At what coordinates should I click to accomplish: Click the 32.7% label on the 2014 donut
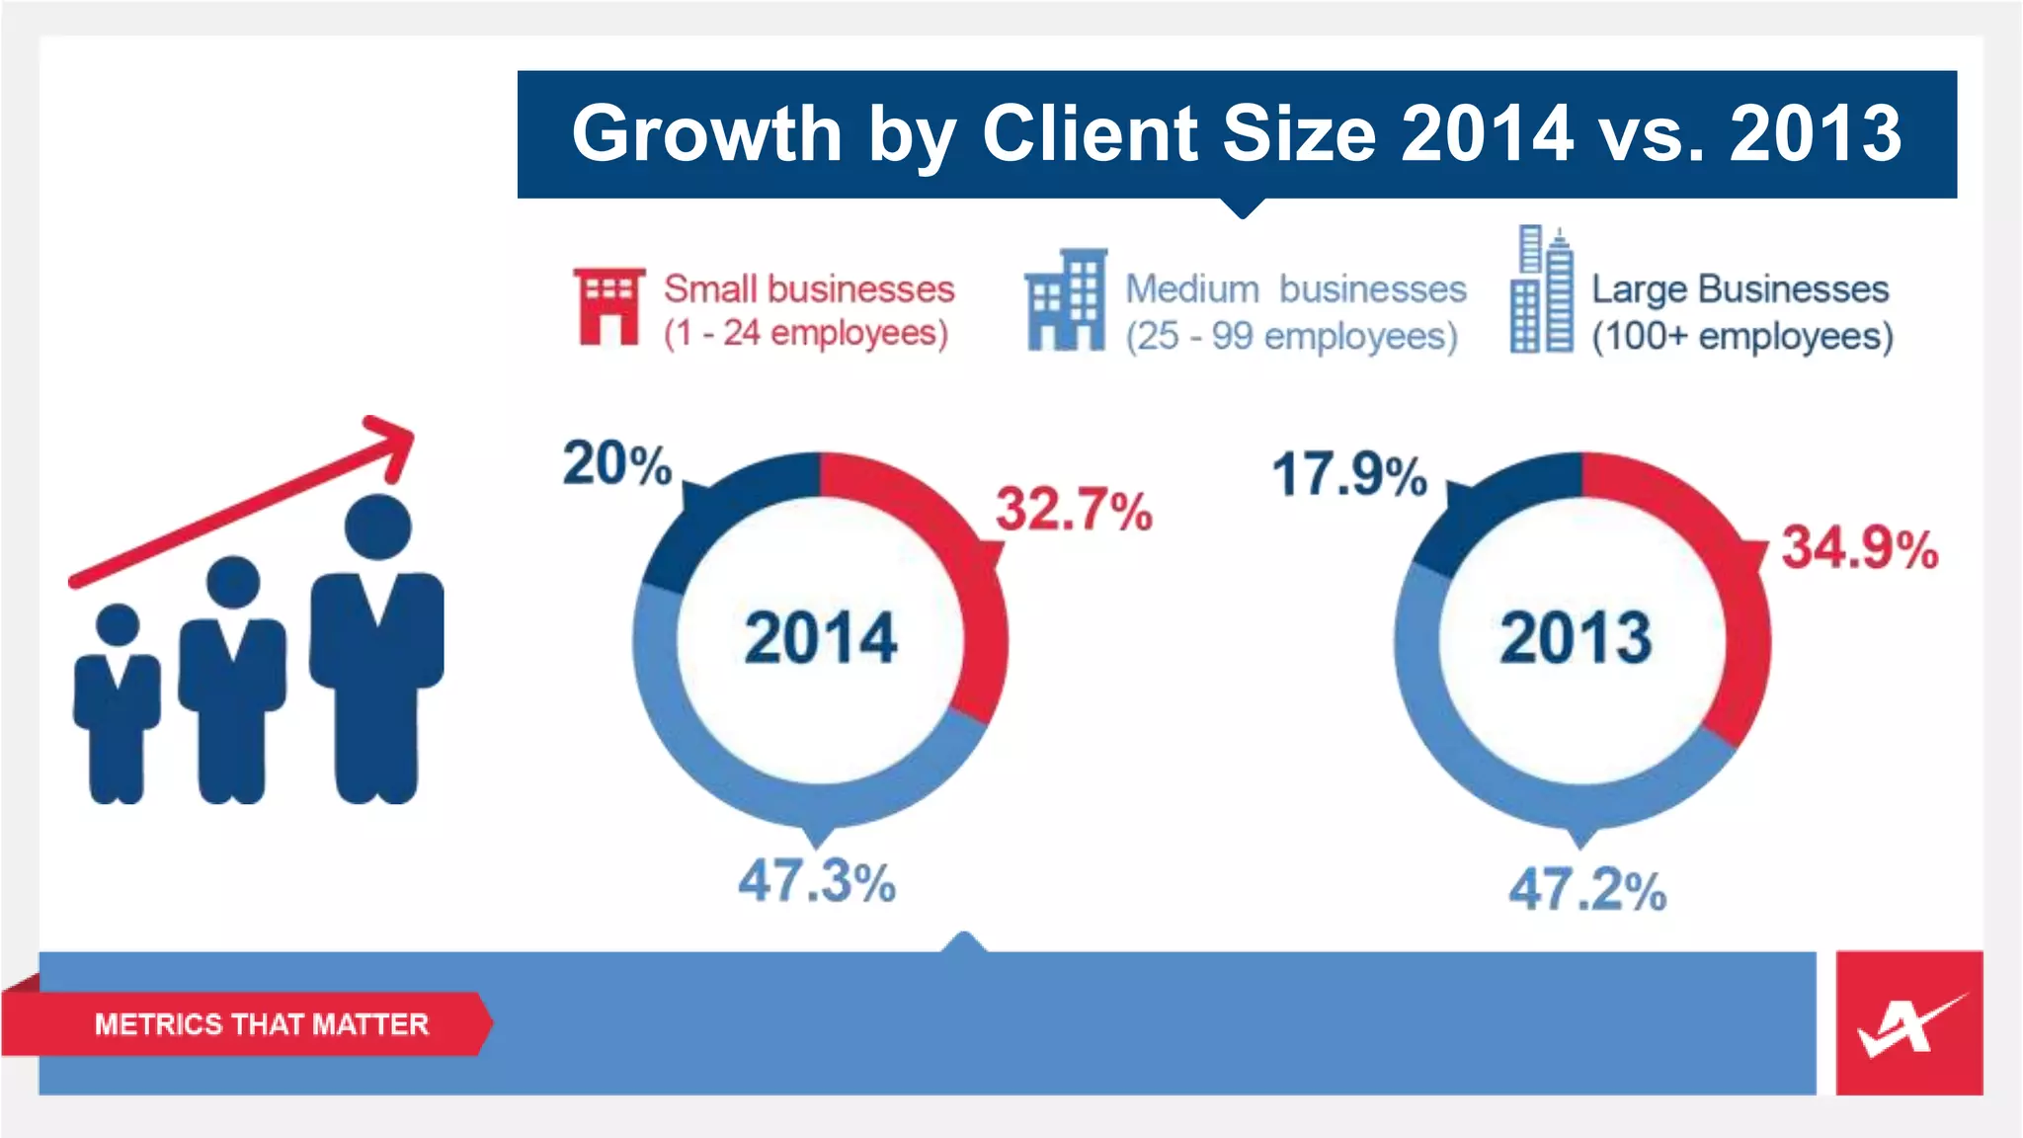coord(1074,510)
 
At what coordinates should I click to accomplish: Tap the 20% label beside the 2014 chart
coord(616,463)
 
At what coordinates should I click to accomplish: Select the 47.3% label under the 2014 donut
coord(817,880)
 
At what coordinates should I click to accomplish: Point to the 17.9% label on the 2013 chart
coord(1348,474)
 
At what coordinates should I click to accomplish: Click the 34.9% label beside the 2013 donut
coord(1859,548)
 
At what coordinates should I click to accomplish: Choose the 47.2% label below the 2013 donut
coord(1586,889)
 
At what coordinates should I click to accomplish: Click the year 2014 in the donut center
coord(820,638)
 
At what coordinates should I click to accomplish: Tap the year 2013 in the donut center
coord(1576,638)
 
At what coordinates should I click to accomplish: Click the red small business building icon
coord(608,306)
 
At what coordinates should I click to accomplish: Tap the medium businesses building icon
coord(1065,300)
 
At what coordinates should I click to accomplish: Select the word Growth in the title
coord(705,133)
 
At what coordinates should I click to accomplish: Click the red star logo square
coord(1908,1022)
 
